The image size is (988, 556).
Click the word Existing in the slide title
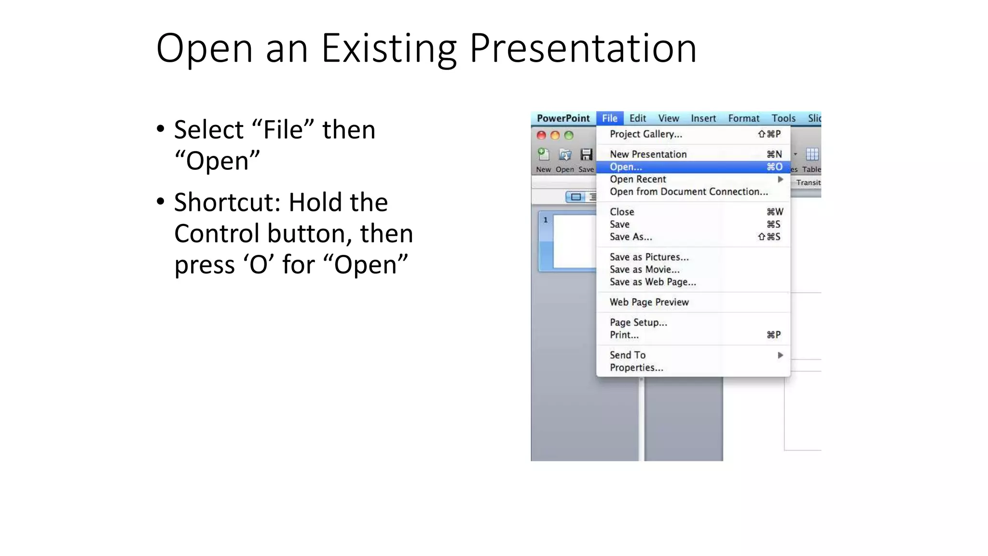tap(389, 49)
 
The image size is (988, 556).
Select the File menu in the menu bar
tap(609, 118)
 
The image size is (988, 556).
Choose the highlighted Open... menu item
tap(626, 167)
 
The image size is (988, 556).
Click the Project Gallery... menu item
tap(645, 134)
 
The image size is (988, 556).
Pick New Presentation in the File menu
tap(648, 154)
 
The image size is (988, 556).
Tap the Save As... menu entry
tap(631, 237)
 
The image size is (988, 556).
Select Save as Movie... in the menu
tap(644, 270)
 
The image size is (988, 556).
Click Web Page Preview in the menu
tap(649, 302)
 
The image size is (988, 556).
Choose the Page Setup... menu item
tap(638, 322)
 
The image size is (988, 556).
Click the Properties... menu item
tap(636, 368)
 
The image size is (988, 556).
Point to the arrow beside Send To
tap(780, 355)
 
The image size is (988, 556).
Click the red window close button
tap(541, 136)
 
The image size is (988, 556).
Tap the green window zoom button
tap(569, 136)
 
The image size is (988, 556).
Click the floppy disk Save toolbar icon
tap(586, 155)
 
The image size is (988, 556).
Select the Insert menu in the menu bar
tap(703, 118)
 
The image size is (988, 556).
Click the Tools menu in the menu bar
tap(783, 118)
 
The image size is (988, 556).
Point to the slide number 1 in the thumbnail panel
tap(546, 220)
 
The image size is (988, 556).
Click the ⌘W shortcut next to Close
tap(775, 212)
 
